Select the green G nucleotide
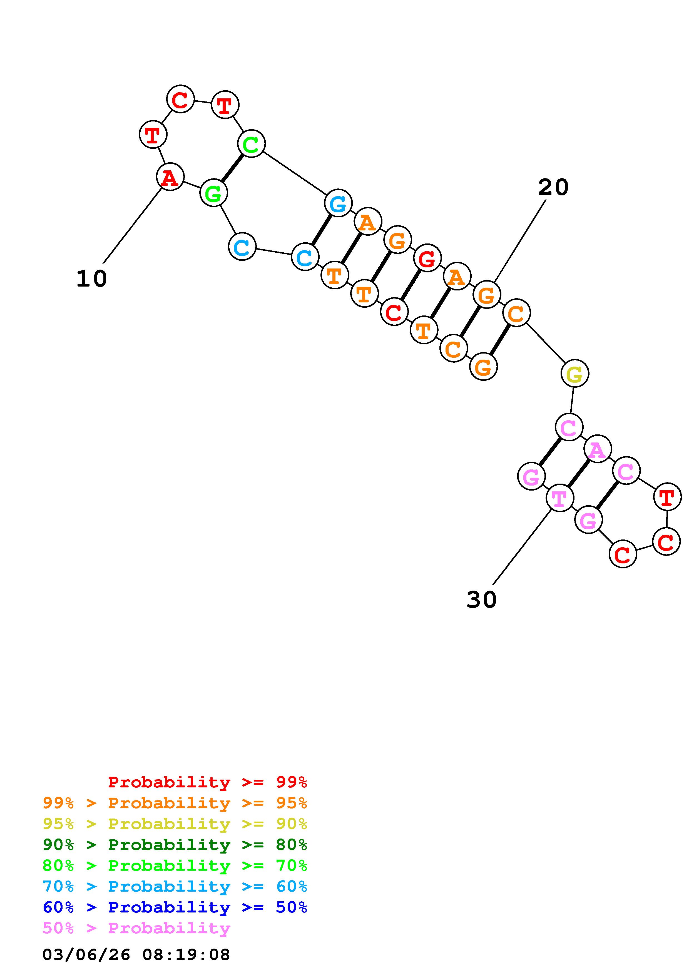(213, 193)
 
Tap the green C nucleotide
(251, 144)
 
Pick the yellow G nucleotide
(574, 374)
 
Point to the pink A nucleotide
(597, 449)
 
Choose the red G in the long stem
(427, 258)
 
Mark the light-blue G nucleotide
(338, 203)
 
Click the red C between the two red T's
(180, 100)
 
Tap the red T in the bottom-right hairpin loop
(667, 497)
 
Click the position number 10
(91, 279)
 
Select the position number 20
(553, 188)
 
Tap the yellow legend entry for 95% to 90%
(175, 824)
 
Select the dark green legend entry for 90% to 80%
(175, 845)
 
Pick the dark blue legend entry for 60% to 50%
(175, 907)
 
